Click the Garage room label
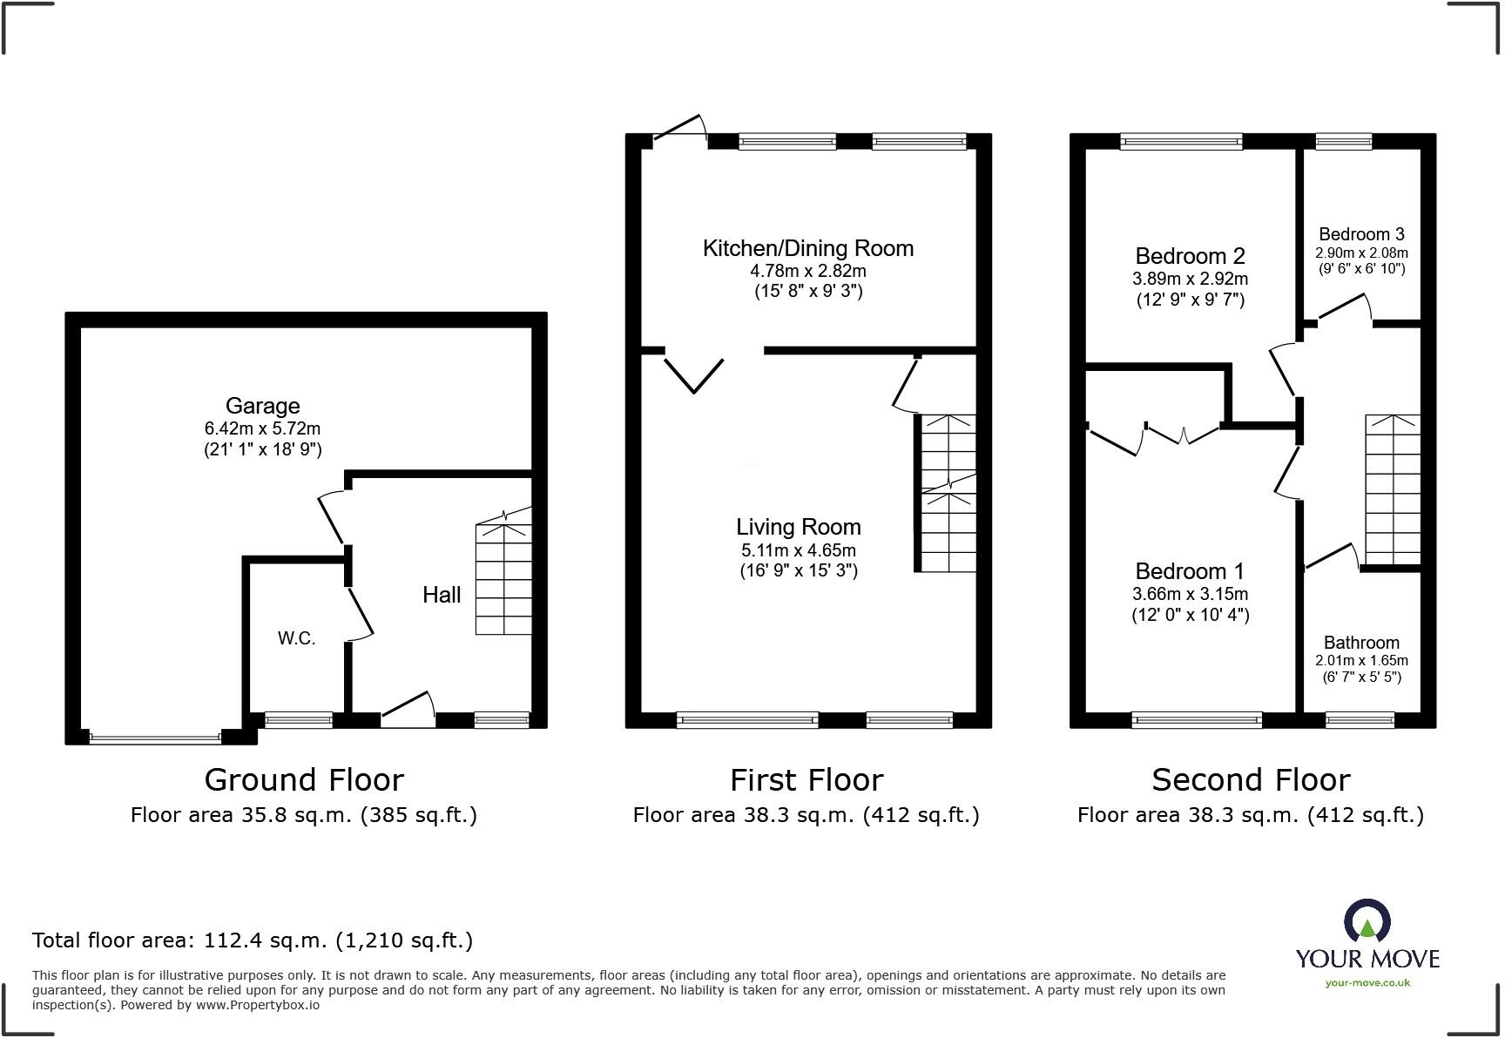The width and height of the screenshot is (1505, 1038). [x=262, y=406]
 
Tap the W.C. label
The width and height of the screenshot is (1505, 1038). [x=296, y=638]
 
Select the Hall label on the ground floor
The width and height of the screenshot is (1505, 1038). [x=442, y=595]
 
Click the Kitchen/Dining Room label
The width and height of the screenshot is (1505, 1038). [x=808, y=248]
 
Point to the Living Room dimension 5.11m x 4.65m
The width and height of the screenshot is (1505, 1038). [x=798, y=550]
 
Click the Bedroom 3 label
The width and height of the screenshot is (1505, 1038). [x=1361, y=234]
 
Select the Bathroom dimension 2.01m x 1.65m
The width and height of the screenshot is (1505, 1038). [x=1361, y=660]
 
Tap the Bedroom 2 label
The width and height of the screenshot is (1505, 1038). [x=1190, y=256]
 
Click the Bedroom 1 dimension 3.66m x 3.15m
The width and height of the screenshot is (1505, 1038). [x=1190, y=594]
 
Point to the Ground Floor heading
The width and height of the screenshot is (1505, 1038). [x=304, y=779]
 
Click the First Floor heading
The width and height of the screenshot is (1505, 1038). [x=806, y=779]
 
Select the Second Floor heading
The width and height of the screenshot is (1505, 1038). [x=1251, y=779]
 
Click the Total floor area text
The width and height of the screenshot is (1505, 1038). [x=253, y=940]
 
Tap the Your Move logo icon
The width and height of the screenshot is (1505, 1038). [x=1367, y=921]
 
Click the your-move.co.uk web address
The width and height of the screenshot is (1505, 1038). [x=1367, y=983]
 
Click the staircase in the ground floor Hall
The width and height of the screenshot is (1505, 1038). [x=503, y=579]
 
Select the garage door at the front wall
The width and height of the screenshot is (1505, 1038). [x=155, y=739]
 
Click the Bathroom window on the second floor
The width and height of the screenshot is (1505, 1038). [x=1359, y=720]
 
